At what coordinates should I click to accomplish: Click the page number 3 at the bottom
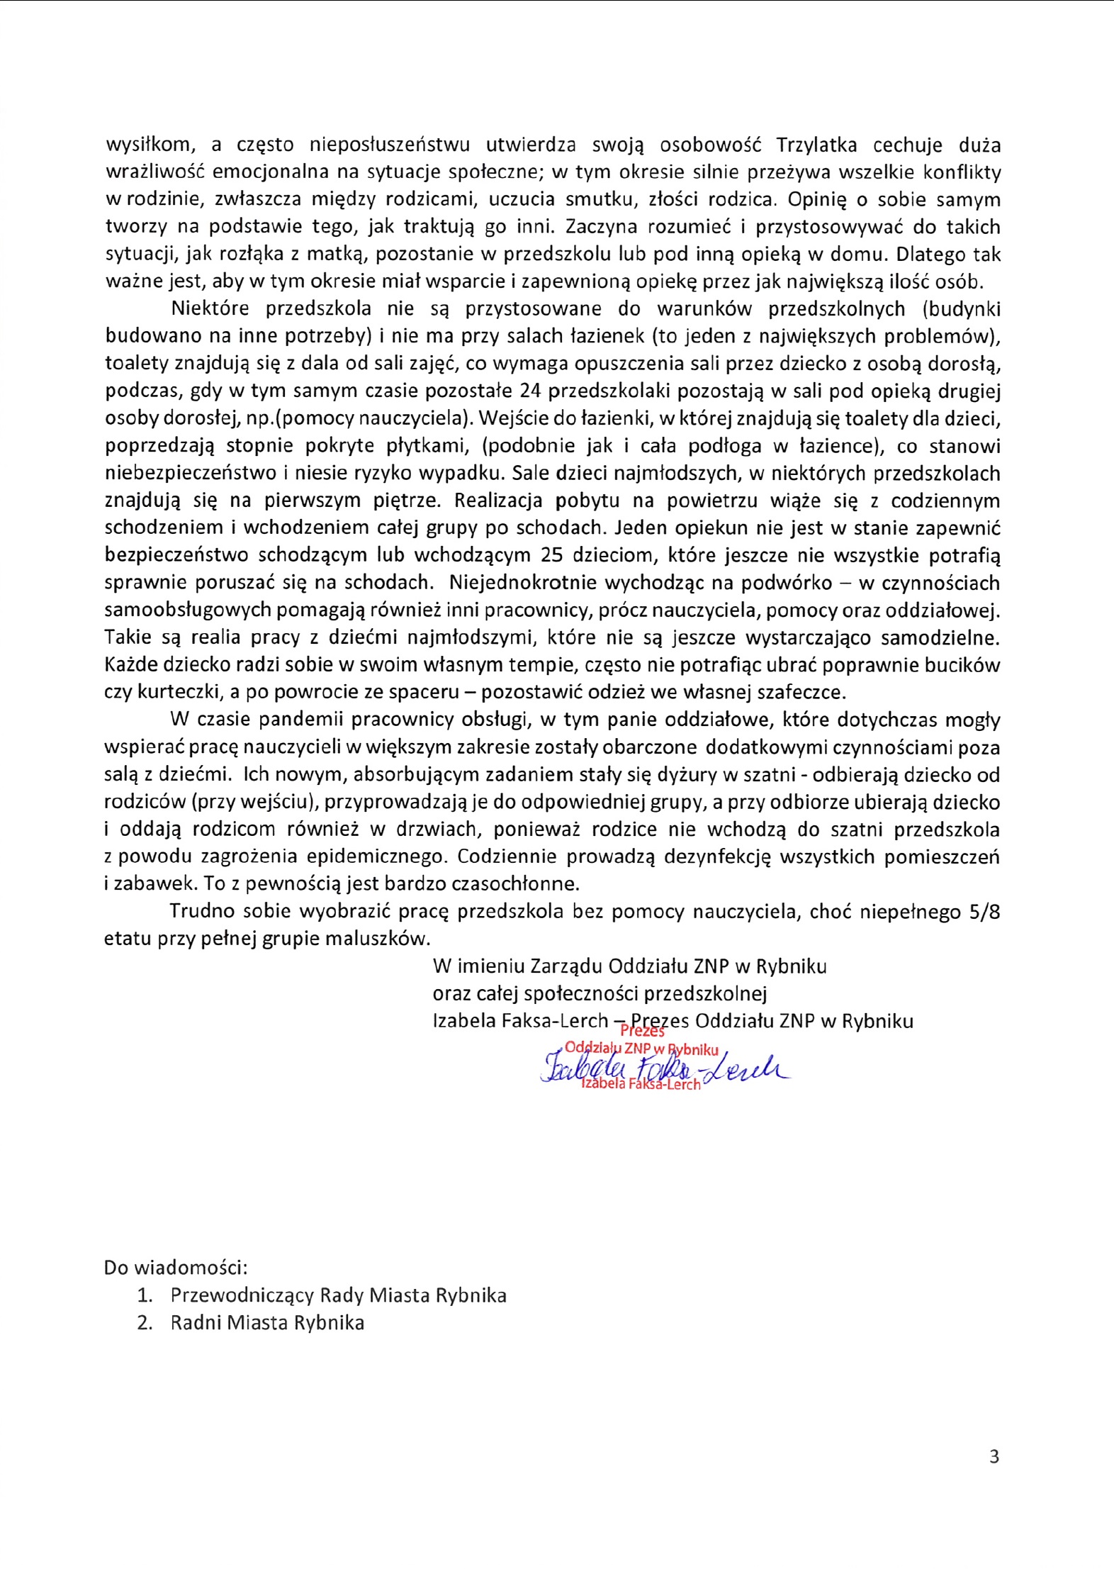coord(994,1456)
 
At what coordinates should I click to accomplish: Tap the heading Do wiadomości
coord(176,1267)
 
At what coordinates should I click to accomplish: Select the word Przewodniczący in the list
coord(242,1295)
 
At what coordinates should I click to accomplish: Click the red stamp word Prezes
coord(643,1032)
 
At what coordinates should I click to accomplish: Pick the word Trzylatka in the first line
coord(816,145)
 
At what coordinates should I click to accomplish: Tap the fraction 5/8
coord(984,912)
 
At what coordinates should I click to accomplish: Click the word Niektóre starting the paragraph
coord(210,309)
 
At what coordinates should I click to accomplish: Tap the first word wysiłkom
coord(149,145)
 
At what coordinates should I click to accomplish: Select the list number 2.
coord(145,1323)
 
